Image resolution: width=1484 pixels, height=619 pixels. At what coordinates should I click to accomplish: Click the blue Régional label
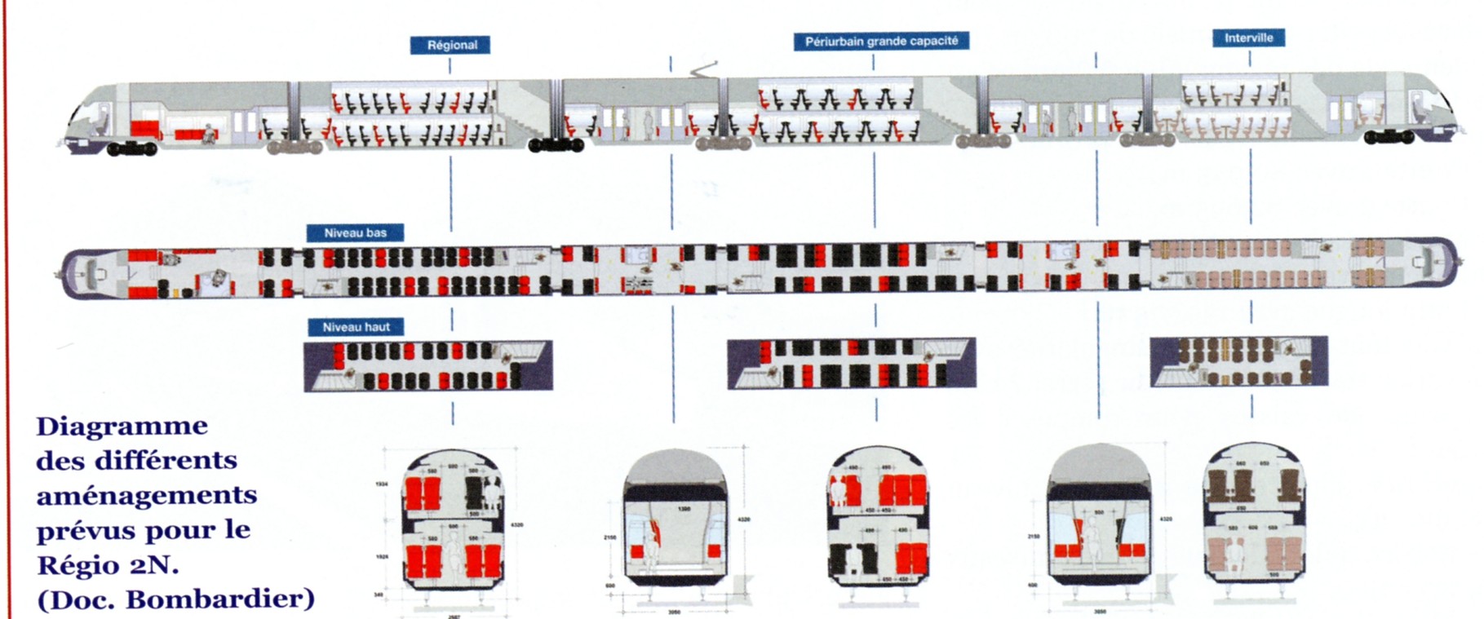pos(450,45)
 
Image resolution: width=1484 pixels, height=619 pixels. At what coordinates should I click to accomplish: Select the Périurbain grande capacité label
pos(881,41)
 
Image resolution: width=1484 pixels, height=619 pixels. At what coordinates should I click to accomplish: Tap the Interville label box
pos(1248,38)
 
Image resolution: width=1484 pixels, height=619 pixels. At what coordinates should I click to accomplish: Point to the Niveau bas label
pos(355,233)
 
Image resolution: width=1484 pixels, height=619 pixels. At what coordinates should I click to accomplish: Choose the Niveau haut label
pos(356,327)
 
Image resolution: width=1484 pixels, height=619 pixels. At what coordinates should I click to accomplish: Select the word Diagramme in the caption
pos(122,427)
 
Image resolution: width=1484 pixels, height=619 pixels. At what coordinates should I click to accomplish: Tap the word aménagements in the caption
pos(147,496)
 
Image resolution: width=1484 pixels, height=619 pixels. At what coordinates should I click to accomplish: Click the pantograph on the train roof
pos(703,69)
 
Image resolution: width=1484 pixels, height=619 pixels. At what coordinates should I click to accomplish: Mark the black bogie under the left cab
pos(131,148)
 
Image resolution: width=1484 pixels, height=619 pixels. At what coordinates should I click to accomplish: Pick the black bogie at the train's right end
pos(1389,137)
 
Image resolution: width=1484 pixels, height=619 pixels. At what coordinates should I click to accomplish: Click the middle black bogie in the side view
pos(556,145)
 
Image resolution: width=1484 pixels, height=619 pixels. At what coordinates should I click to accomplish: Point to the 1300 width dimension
pos(684,509)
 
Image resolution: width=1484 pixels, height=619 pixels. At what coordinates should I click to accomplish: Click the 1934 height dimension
pos(381,484)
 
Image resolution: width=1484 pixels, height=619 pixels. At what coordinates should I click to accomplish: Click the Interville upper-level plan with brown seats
pos(1238,361)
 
